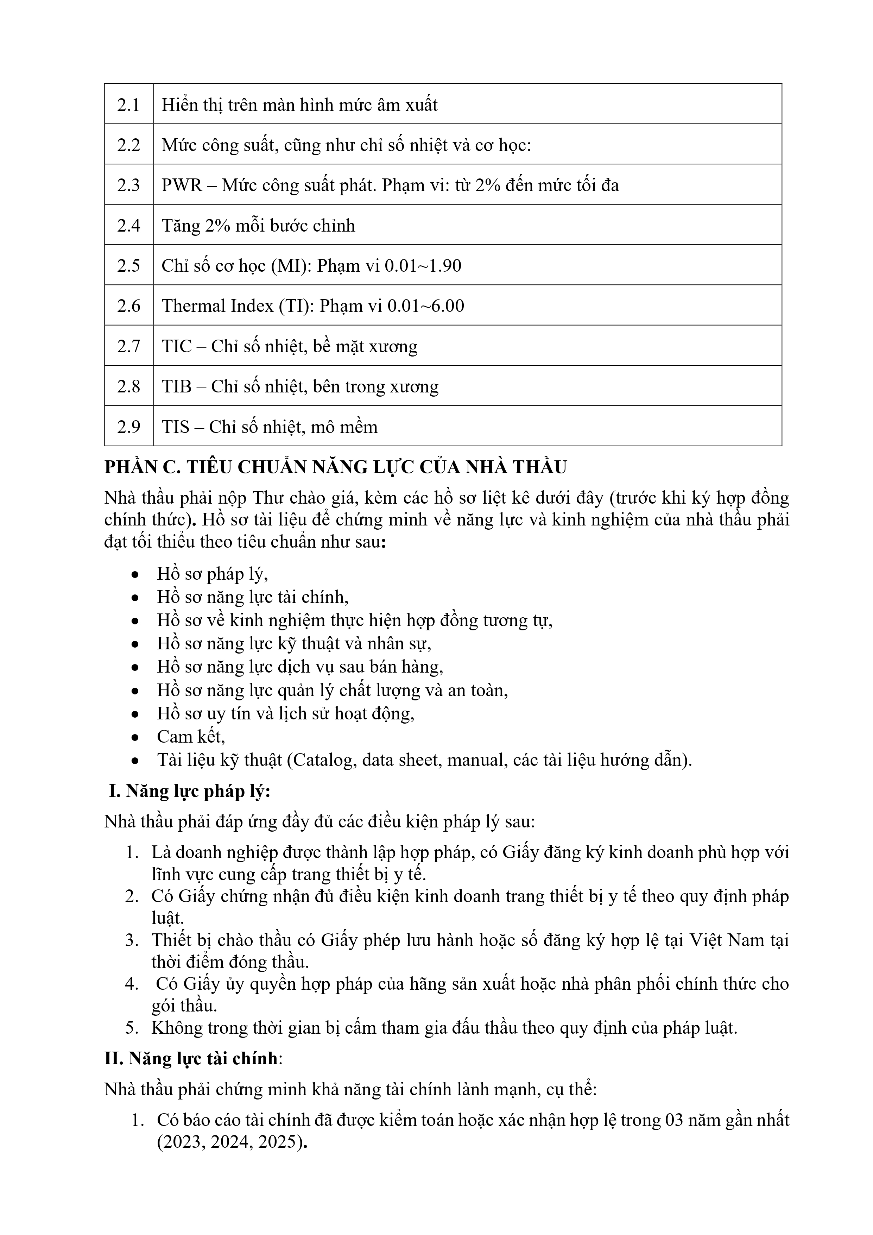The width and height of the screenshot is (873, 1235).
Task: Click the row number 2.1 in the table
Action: (x=128, y=104)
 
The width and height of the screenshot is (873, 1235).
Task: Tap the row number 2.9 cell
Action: (x=128, y=427)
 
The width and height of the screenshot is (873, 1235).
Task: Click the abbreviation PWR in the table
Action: (x=182, y=185)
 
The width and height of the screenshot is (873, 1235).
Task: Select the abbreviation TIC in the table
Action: (x=176, y=346)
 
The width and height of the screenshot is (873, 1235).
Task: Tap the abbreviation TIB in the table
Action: (x=176, y=386)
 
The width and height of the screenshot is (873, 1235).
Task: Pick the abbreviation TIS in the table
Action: (x=175, y=427)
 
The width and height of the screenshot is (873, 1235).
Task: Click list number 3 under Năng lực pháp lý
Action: (x=132, y=940)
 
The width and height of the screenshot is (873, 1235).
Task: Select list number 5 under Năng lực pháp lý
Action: (x=132, y=1027)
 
